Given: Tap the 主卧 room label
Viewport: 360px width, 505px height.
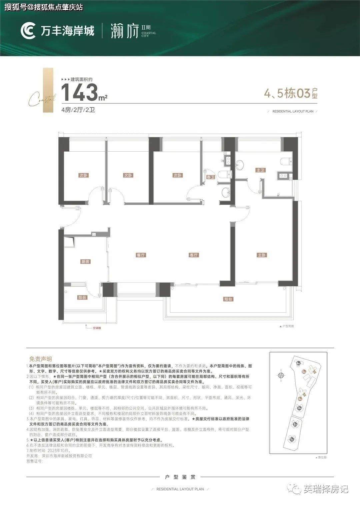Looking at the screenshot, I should pyautogui.click(x=262, y=255).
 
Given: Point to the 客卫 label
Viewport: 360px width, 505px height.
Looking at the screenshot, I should pyautogui.click(x=210, y=177).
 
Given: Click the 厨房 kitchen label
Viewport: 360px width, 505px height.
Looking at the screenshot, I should pyautogui.click(x=86, y=262).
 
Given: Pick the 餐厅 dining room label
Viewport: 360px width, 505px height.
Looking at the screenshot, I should pyautogui.click(x=141, y=255).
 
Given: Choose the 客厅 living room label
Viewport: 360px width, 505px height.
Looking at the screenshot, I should pyautogui.click(x=194, y=255).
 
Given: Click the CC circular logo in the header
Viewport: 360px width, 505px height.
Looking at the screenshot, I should pyautogui.click(x=28, y=31).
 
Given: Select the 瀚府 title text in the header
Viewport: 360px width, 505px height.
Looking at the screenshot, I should pyautogui.click(x=124, y=32).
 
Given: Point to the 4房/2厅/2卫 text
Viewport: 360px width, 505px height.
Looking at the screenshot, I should pyautogui.click(x=78, y=110).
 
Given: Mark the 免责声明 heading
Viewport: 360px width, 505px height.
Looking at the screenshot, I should pyautogui.click(x=40, y=359).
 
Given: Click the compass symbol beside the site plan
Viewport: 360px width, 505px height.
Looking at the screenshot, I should pyautogui.click(x=281, y=375).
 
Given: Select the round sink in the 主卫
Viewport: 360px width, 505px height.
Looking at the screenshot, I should pyautogui.click(x=240, y=164).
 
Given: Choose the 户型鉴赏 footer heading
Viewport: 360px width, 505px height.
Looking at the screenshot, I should pyautogui.click(x=180, y=477).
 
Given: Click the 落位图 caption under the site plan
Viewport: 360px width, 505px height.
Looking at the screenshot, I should pyautogui.click(x=322, y=458).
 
